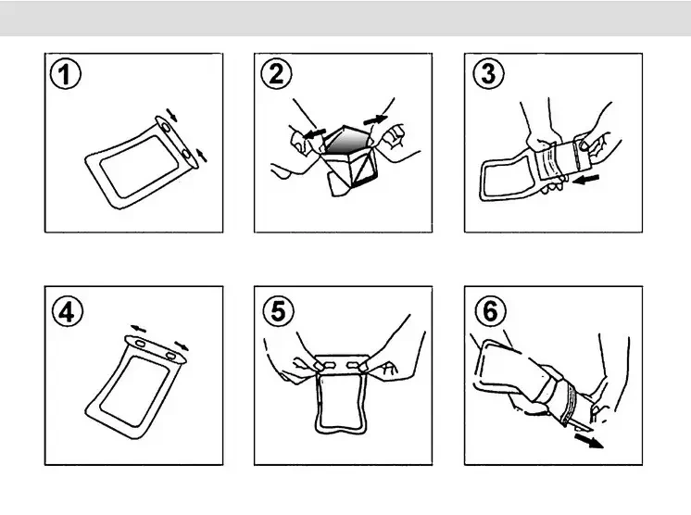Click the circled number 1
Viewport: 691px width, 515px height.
point(66,73)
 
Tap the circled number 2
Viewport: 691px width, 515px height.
point(276,73)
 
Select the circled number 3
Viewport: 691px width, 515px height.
point(489,73)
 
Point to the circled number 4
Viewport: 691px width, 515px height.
point(68,311)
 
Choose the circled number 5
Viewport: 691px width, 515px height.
point(278,311)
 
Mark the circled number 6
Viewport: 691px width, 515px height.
point(491,311)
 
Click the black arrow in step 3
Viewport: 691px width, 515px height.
point(585,179)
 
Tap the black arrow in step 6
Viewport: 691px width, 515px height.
point(589,441)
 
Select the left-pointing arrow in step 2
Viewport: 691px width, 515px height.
point(315,133)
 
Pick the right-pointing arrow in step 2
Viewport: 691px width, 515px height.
point(375,119)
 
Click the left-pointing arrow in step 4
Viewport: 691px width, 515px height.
point(138,329)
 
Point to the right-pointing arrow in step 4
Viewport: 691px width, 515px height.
point(182,345)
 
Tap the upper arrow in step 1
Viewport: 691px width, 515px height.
point(172,114)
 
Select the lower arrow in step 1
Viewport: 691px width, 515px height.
point(201,155)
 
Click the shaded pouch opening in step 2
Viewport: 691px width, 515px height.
point(348,141)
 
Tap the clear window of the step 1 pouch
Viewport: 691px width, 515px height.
point(139,167)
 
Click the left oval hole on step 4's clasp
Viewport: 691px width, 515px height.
point(140,344)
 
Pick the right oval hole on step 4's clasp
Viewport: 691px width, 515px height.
point(171,355)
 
